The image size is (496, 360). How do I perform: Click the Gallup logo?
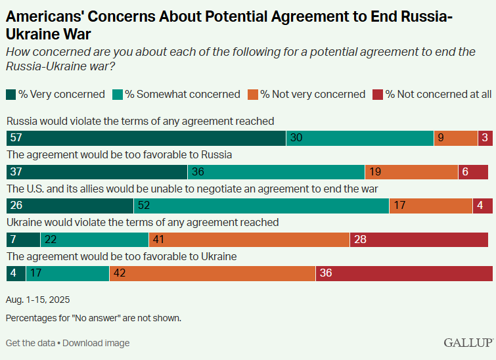tap(468, 342)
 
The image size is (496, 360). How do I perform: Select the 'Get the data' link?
tap(30, 343)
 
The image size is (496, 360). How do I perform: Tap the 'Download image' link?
tap(96, 343)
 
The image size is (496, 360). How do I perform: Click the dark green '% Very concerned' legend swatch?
tap(11, 95)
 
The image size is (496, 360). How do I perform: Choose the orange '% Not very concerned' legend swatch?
tap(253, 95)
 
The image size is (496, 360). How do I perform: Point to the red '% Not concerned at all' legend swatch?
tap(378, 95)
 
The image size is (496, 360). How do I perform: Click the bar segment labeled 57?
tap(146, 138)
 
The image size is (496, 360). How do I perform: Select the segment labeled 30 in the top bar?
tap(359, 138)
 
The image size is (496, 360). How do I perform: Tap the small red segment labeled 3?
tap(485, 138)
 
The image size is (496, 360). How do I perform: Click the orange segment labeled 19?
tap(411, 172)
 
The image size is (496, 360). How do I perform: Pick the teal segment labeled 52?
tap(261, 206)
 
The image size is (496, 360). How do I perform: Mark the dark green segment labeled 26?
tap(70, 206)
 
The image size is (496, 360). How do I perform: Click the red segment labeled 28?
tap(420, 240)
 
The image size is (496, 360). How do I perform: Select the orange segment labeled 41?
tap(249, 240)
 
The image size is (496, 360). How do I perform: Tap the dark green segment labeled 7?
tap(23, 240)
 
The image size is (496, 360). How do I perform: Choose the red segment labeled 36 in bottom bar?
tap(404, 273)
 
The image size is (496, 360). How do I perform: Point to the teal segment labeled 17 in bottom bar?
tap(67, 273)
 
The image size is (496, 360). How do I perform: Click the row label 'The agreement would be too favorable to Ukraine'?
tap(122, 256)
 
